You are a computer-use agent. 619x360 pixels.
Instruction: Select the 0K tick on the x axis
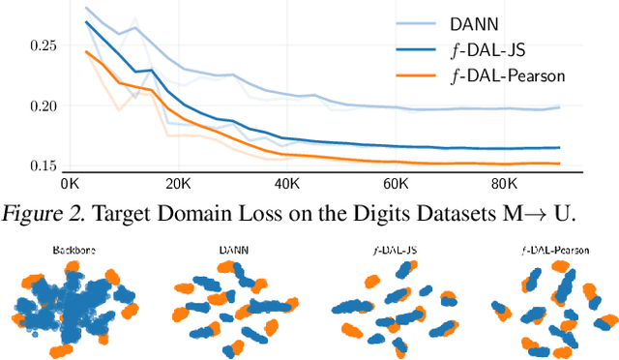(x=70, y=183)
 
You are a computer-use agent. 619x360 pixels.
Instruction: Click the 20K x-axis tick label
(x=179, y=183)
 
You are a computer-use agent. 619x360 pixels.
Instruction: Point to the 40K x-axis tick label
(x=288, y=183)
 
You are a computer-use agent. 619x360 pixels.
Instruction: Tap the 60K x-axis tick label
(x=398, y=183)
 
